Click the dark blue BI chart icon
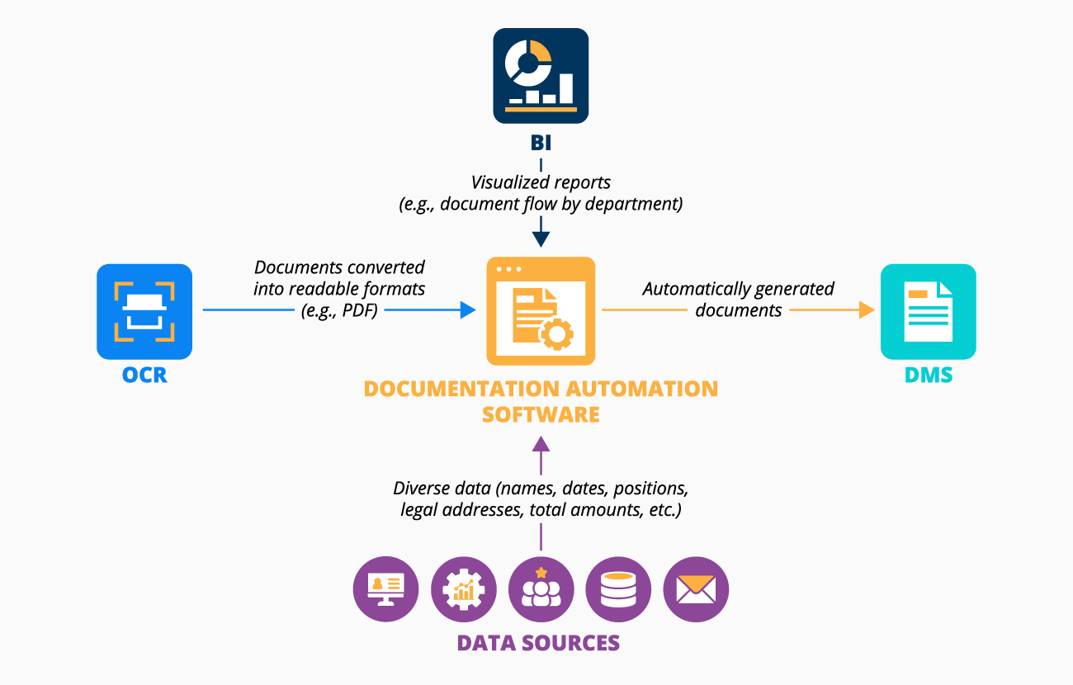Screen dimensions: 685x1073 pos(541,76)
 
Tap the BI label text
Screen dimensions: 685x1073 pos(541,144)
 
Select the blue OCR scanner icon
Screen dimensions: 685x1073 pos(144,311)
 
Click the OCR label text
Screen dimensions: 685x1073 pos(144,376)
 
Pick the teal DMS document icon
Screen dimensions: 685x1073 pos(928,311)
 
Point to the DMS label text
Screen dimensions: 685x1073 pos(928,376)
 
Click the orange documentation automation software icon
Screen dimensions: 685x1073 pos(541,311)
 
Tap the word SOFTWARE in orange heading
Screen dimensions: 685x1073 pos(541,414)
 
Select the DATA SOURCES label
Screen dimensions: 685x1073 pos(538,643)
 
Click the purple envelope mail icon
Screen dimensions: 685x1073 pos(695,589)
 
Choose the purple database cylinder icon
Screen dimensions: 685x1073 pos(617,589)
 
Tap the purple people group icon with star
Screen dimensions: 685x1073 pos(541,589)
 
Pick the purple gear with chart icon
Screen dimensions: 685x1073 pos(463,589)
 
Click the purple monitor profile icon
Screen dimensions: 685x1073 pos(385,589)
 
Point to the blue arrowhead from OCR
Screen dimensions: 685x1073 pos(468,310)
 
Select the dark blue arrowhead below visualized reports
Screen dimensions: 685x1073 pos(541,239)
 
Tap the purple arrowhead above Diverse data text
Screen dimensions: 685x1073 pos(541,445)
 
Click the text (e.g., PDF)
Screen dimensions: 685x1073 pos(339,310)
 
